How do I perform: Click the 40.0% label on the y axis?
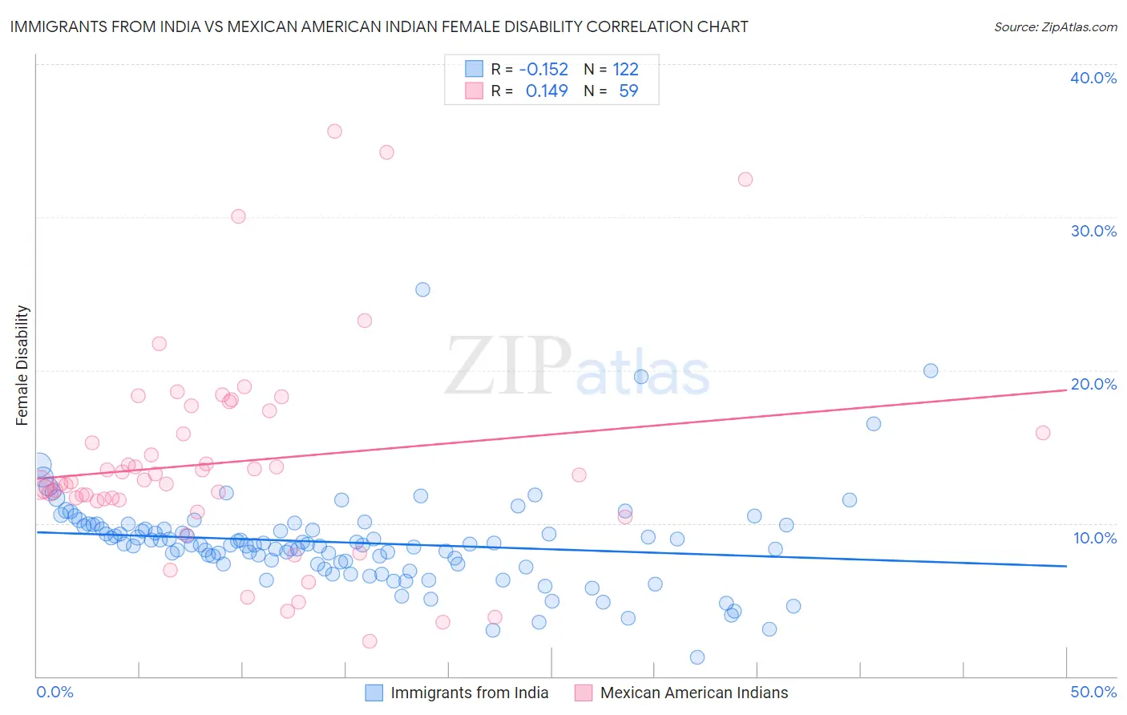point(1093,78)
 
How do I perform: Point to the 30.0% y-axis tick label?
point(1093,231)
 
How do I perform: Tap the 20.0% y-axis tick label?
point(1093,384)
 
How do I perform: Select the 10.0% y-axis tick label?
point(1095,538)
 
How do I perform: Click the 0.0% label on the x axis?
point(55,692)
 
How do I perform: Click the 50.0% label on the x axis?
point(1093,692)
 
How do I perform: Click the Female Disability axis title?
point(22,365)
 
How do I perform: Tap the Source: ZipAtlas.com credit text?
point(1055,26)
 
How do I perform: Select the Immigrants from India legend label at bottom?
point(469,693)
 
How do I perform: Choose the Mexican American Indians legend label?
point(693,693)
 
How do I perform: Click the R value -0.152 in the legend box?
point(543,69)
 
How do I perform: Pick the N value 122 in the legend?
point(625,69)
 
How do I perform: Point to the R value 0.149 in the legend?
point(547,91)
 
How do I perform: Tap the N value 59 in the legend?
point(628,91)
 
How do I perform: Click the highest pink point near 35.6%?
point(334,131)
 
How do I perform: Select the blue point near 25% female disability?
point(422,289)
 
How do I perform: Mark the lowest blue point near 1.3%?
point(697,657)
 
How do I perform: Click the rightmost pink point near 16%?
point(1043,433)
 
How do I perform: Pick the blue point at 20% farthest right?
point(931,370)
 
